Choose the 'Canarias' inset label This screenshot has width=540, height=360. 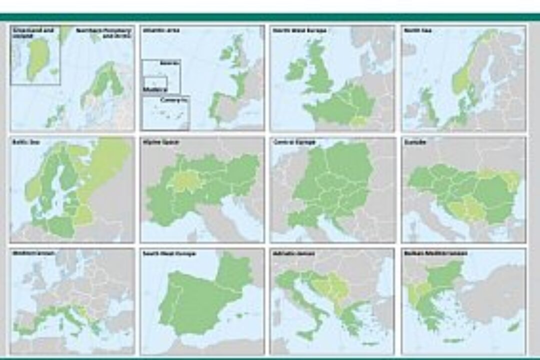(169, 100)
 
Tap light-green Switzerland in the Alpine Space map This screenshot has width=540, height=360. (184, 182)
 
